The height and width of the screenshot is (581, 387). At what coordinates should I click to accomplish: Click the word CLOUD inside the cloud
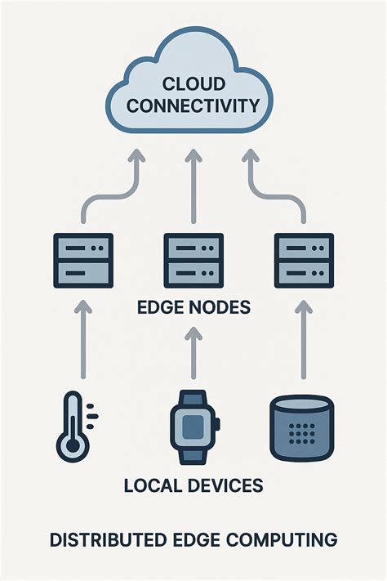point(193,83)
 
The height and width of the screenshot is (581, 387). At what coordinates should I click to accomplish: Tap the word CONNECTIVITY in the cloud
point(193,105)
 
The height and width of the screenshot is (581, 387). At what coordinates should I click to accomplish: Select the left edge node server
point(82,260)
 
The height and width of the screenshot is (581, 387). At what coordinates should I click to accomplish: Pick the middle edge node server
point(193,260)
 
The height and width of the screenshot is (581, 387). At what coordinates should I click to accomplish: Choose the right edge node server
point(304,260)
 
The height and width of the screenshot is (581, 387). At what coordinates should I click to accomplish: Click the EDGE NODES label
point(193,310)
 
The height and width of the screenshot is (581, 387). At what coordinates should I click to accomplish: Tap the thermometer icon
point(71,425)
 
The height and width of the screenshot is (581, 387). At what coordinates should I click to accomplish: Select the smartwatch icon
point(193,426)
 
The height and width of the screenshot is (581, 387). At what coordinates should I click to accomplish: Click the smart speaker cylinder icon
point(303,426)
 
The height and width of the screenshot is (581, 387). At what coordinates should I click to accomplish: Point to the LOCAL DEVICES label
point(193,485)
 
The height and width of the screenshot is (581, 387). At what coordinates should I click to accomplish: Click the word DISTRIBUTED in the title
point(100,540)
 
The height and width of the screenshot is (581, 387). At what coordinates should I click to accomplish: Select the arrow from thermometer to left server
point(82,339)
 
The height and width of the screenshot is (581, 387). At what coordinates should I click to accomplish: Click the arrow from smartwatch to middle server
point(193,351)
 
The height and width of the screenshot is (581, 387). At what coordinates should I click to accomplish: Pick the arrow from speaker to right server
point(304,339)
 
